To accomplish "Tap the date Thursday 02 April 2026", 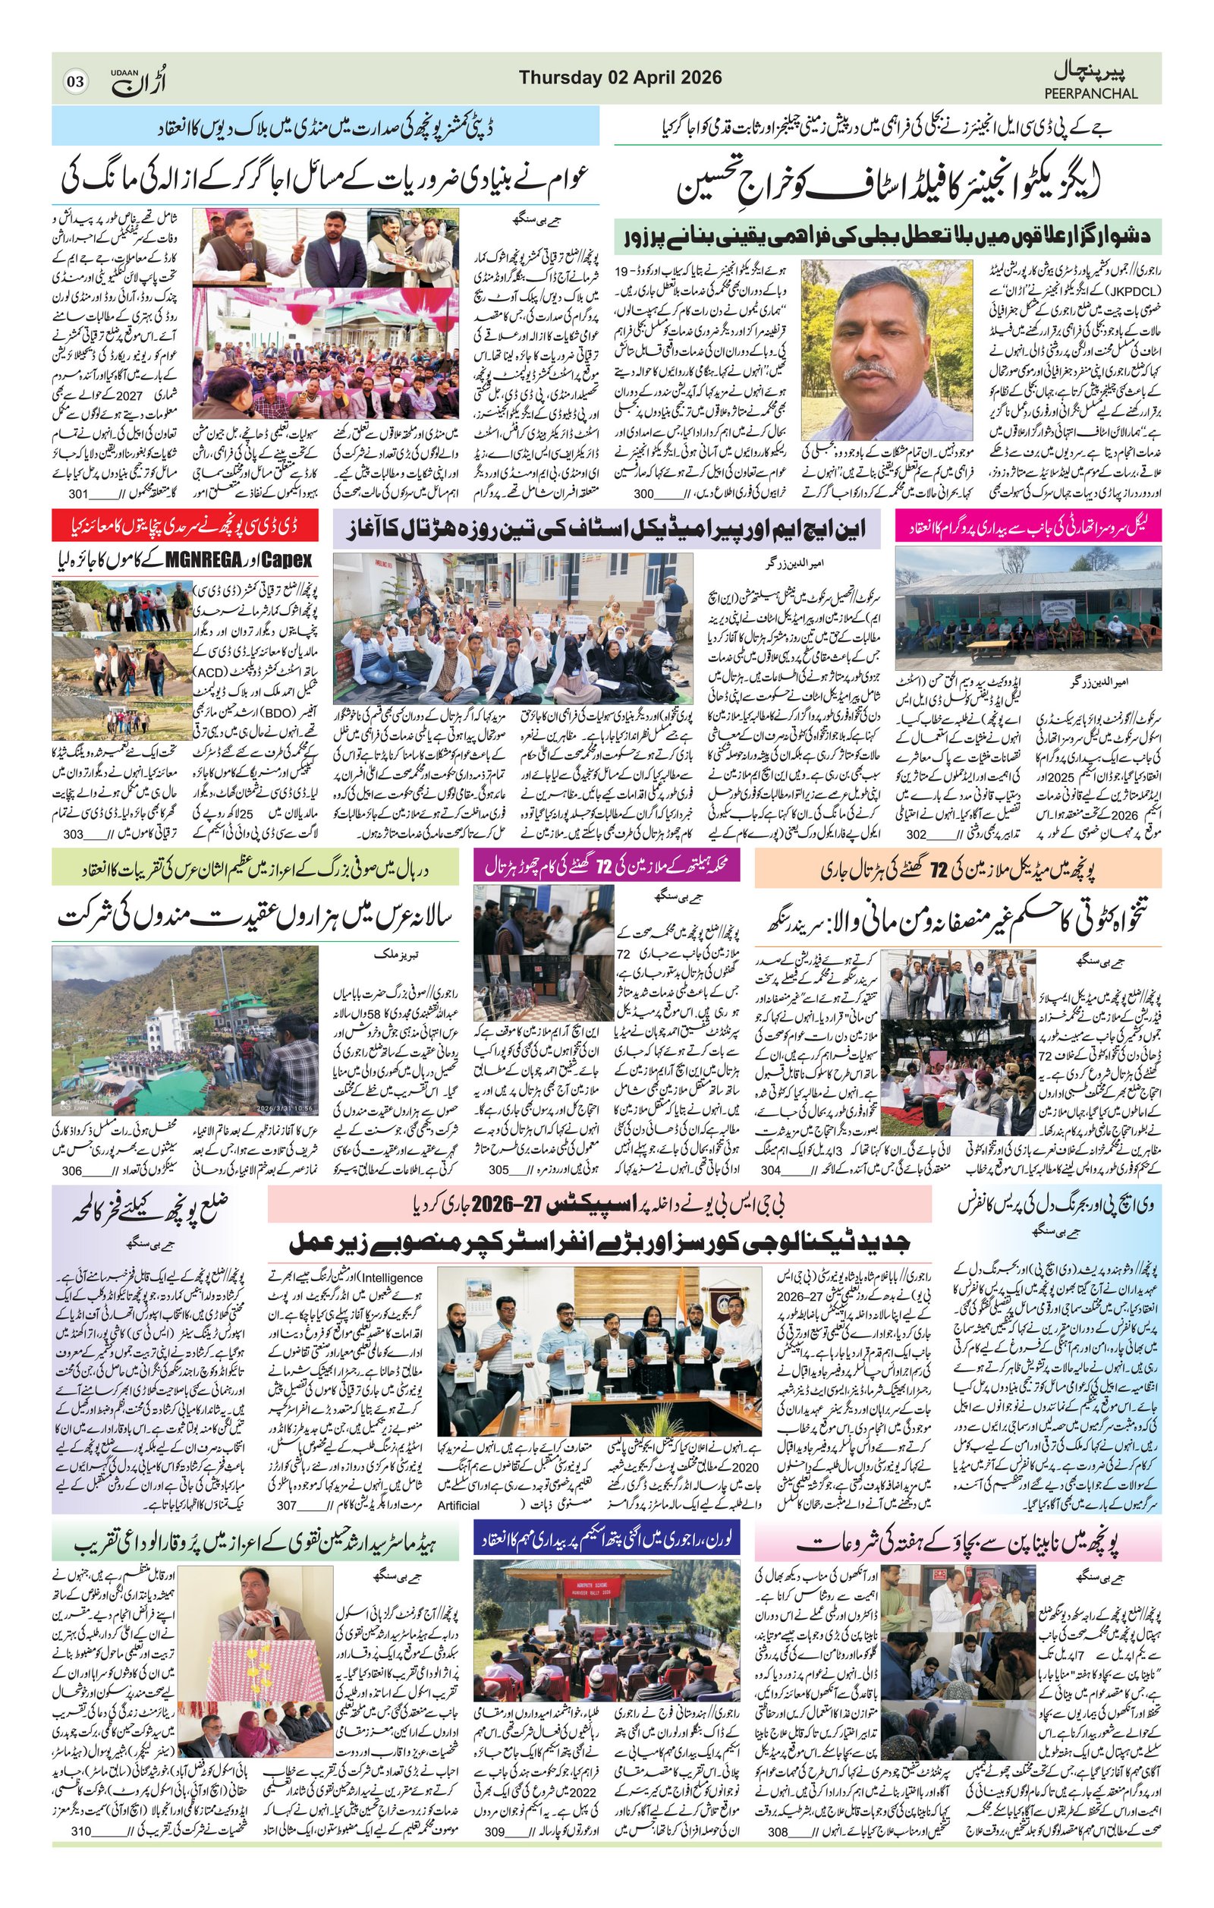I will point(620,77).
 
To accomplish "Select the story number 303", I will point(74,834).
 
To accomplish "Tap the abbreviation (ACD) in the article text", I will point(211,672).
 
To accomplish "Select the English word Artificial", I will point(458,1505).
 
